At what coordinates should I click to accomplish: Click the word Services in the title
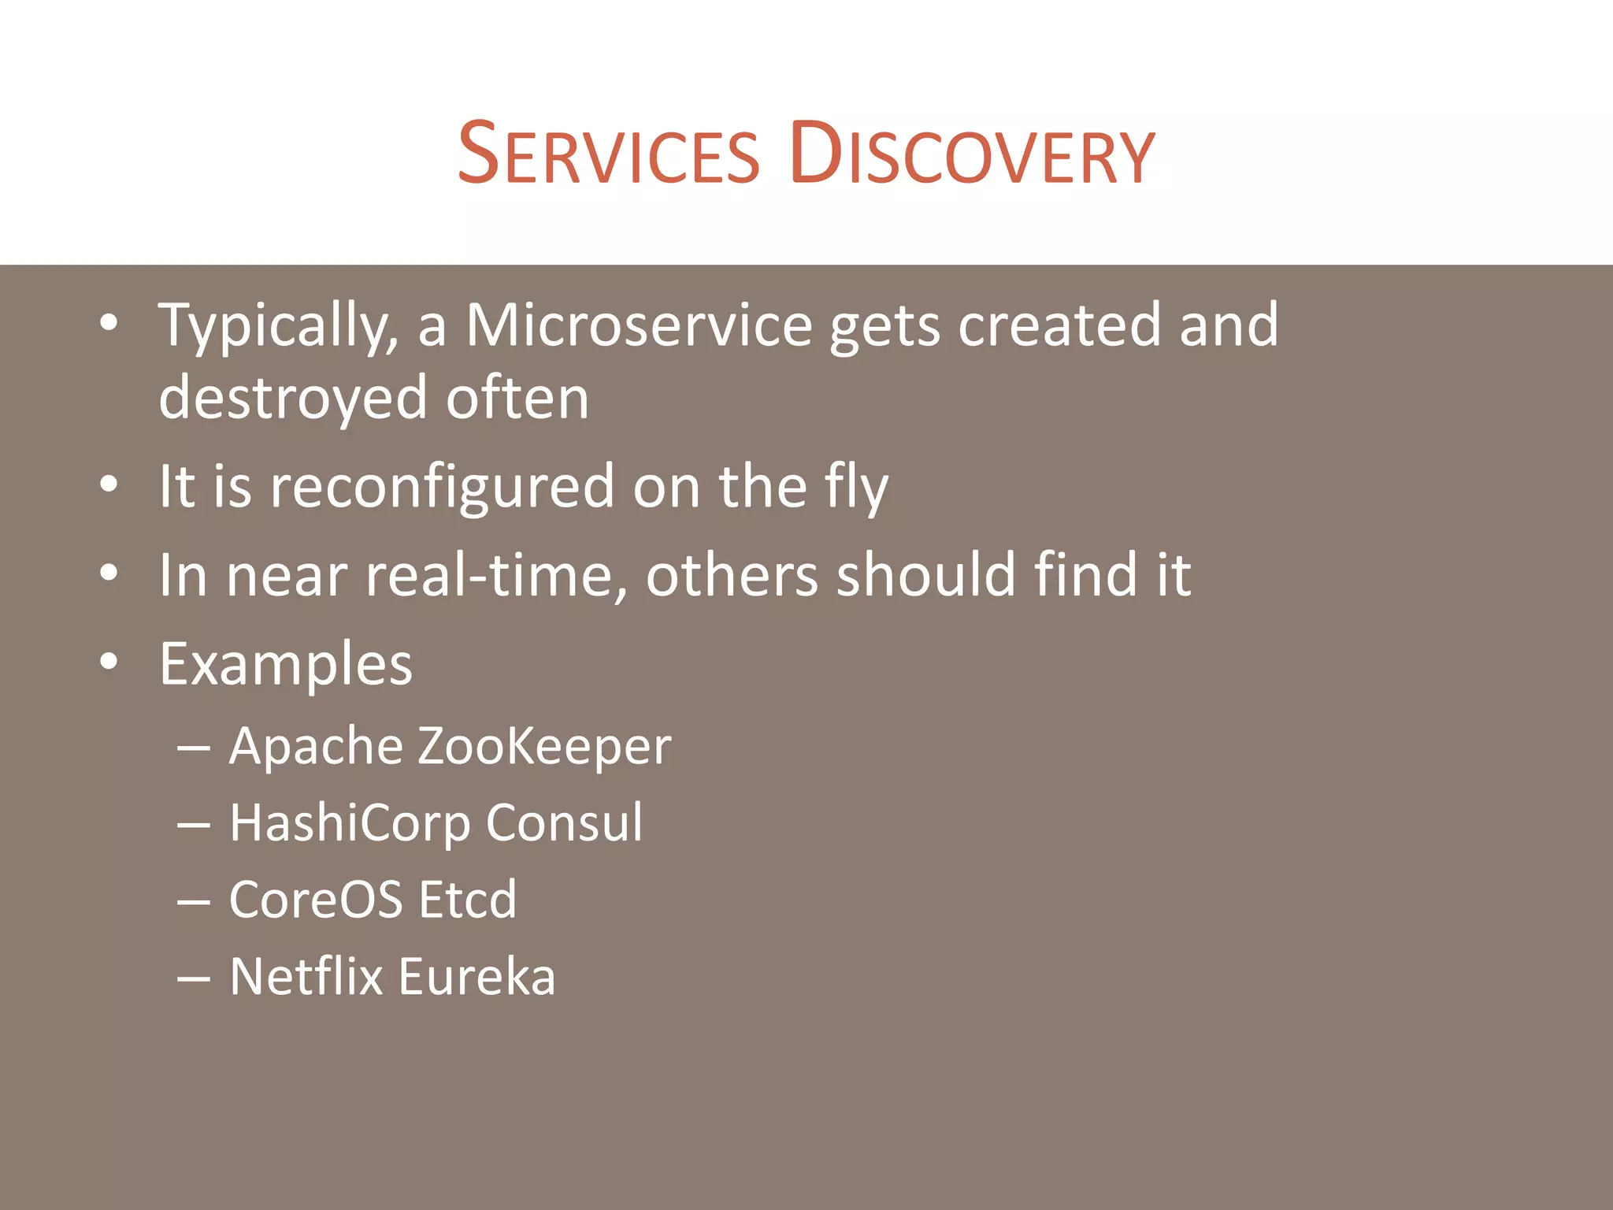[x=608, y=154]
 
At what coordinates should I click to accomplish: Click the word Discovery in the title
[x=971, y=154]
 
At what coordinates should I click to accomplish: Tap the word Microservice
[x=639, y=325]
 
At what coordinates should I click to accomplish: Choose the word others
[x=732, y=575]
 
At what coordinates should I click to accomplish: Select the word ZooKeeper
[x=544, y=747]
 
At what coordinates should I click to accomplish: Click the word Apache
[x=315, y=747]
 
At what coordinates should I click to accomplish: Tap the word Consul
[x=564, y=822]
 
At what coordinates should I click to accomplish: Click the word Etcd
[x=468, y=900]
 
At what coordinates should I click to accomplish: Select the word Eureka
[x=476, y=977]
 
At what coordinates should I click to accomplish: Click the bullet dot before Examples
[x=109, y=662]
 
